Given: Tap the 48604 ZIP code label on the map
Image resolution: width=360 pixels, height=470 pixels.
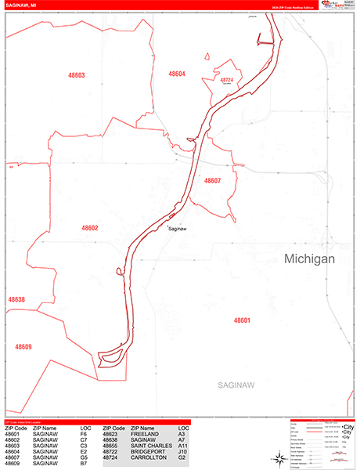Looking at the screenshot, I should point(177,74).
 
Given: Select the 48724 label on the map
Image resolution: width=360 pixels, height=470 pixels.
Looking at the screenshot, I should point(227,80).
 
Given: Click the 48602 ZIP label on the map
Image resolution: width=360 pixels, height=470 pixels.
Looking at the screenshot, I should point(90,228).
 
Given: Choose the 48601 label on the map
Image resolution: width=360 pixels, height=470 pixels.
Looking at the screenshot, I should point(242,320).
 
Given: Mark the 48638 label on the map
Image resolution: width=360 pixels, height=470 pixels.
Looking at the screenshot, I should point(16,299).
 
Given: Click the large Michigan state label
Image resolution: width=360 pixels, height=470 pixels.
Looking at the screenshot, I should point(309,258).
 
